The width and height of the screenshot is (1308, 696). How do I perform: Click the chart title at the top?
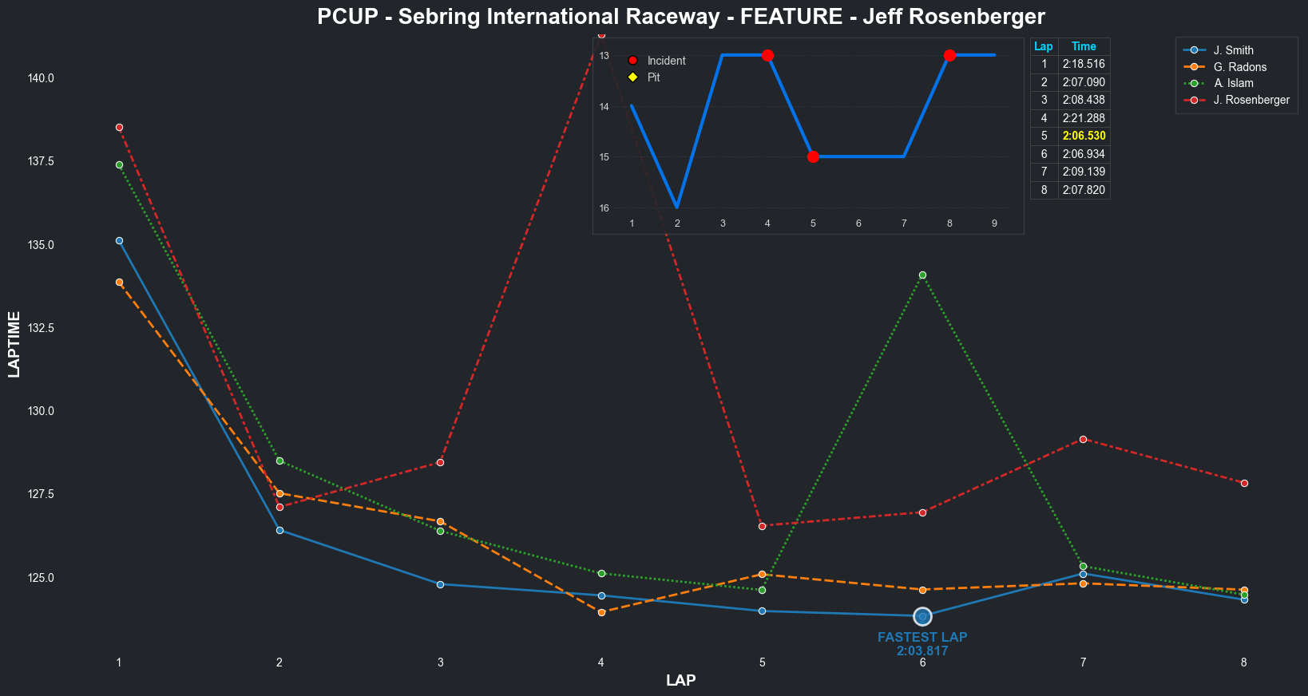point(680,17)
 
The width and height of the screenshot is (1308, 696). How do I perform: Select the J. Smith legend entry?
point(1233,50)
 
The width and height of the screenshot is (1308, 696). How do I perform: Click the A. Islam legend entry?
point(1233,83)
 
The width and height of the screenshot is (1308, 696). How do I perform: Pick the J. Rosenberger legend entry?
point(1251,100)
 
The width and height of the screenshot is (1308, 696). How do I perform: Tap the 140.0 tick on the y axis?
point(41,78)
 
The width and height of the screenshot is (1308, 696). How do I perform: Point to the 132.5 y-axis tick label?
point(41,328)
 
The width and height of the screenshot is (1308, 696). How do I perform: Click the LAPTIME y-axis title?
point(14,345)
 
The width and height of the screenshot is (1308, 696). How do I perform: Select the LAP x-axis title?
point(680,681)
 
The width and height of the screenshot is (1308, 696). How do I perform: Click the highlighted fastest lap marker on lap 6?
point(922,616)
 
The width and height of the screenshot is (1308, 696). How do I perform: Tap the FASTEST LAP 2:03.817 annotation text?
point(922,644)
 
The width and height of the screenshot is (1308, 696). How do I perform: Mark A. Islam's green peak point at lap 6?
point(922,275)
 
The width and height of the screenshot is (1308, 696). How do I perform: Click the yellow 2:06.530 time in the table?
point(1084,136)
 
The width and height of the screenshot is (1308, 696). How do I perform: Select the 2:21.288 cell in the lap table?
point(1084,118)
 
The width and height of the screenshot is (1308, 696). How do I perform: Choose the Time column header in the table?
point(1084,46)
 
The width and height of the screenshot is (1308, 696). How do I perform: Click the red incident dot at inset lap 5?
point(813,156)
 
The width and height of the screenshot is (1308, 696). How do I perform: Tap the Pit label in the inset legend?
point(653,77)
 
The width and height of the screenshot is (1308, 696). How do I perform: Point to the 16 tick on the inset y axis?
point(604,208)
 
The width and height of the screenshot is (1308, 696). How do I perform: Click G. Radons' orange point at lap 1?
point(119,282)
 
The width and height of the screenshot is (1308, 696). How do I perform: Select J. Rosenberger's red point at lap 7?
point(1083,439)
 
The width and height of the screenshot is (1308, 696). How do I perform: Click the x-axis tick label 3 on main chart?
point(440,662)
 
